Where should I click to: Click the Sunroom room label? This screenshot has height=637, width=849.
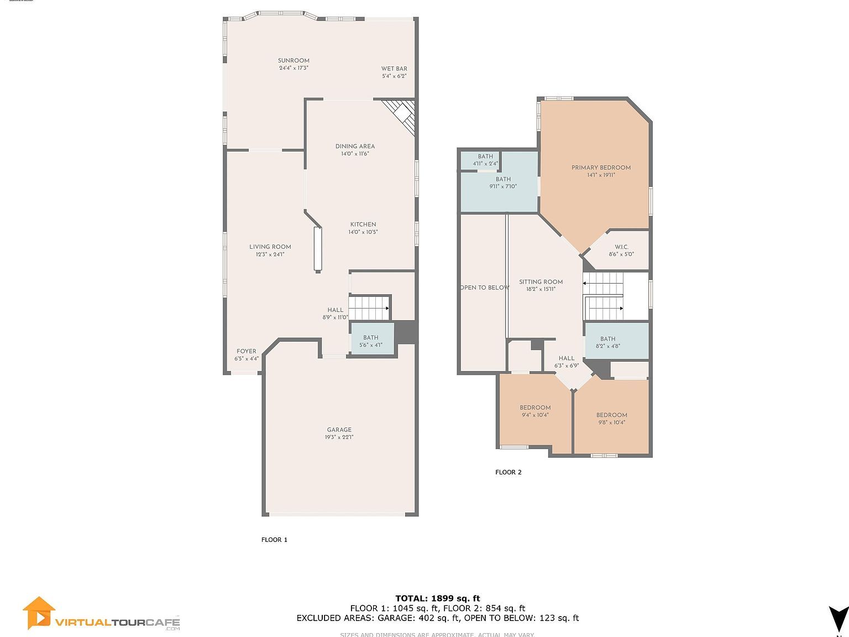coord(294,61)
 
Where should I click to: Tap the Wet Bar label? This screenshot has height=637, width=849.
coord(394,69)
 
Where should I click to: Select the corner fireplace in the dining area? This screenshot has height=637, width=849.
coord(401,114)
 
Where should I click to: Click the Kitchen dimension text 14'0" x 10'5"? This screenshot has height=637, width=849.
coord(363,232)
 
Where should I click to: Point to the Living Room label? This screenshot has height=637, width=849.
coord(270,247)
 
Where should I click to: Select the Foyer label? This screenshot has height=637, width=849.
coord(247,351)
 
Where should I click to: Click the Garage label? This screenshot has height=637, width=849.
coord(339,430)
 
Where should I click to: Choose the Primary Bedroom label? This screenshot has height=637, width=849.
coord(601,168)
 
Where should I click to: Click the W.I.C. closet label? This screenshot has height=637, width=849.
coord(621,248)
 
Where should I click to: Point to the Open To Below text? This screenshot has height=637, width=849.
coord(485,288)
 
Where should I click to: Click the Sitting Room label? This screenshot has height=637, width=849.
coord(541,282)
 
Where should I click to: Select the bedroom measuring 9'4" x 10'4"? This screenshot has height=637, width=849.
coord(535,411)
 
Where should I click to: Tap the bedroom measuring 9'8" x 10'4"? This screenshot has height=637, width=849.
coord(611,419)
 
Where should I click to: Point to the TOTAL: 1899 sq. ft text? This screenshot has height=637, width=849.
coord(437,598)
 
